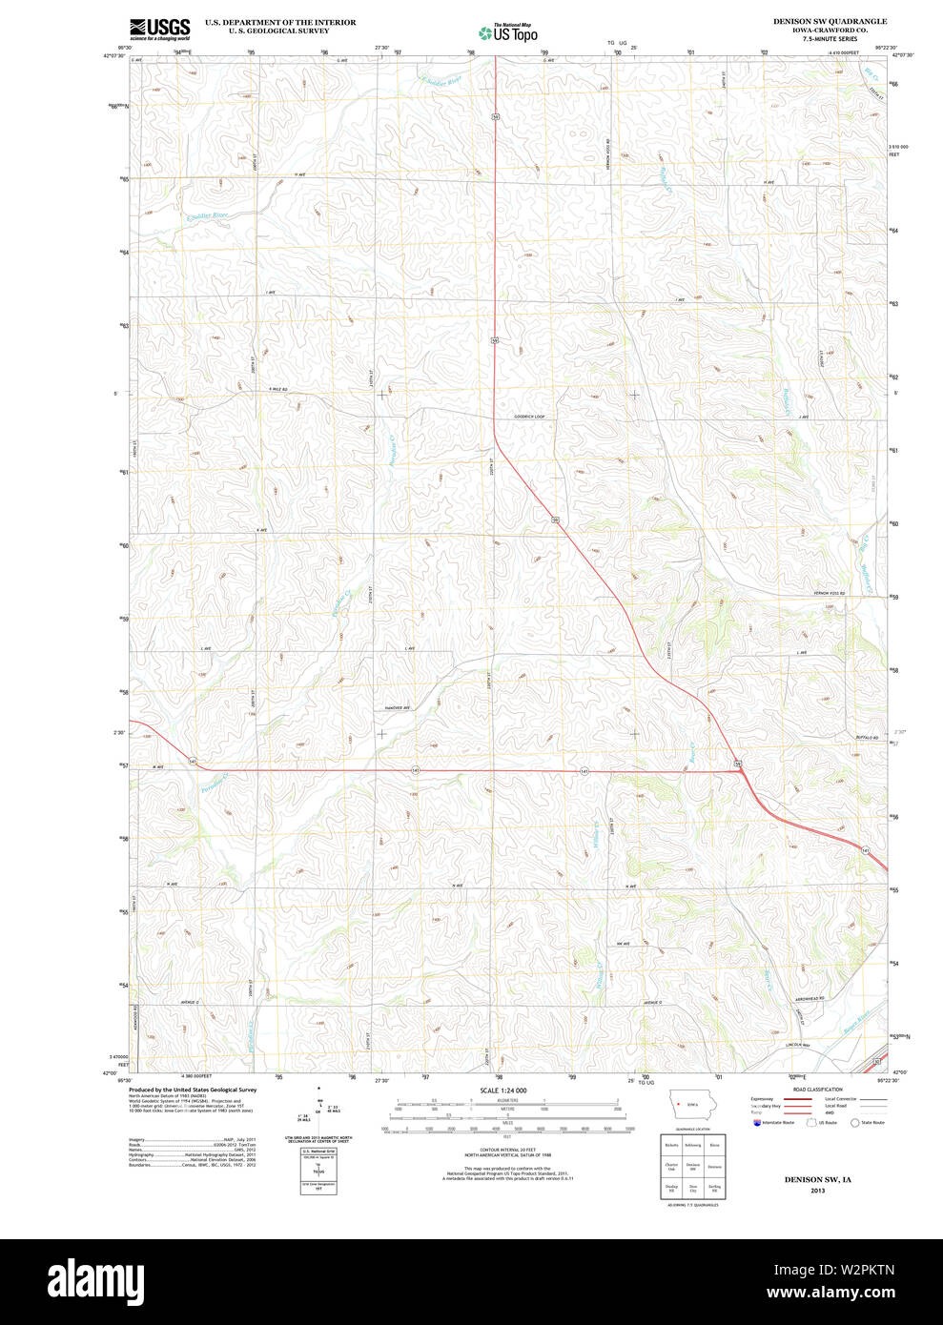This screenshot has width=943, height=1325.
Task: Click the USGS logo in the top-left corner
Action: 159,30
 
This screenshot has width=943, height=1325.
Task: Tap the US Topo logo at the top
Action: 508,32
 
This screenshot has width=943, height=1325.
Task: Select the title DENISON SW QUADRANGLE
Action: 830,21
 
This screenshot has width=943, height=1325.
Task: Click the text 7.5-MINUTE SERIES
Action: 829,38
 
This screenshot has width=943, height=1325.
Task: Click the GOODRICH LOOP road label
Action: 529,417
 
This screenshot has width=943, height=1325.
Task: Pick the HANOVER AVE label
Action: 397,708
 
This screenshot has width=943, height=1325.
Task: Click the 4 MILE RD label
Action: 277,389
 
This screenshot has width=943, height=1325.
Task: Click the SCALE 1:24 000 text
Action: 502,1091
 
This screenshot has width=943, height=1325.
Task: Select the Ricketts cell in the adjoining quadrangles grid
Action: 671,1145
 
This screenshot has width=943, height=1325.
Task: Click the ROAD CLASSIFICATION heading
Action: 818,1090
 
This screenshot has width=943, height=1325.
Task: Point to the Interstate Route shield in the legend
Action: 758,1123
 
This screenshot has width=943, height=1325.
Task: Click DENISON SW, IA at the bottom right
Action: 817,1179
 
